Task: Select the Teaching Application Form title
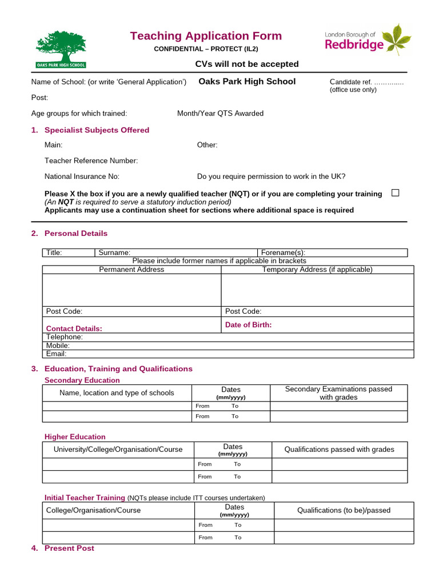click(206, 36)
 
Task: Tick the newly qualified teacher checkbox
click(395, 193)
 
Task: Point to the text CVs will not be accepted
click(247, 64)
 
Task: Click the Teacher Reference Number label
click(91, 161)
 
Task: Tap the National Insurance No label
click(82, 177)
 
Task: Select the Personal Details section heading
click(75, 233)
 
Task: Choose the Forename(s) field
click(332, 253)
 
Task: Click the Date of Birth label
click(248, 324)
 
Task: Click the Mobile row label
click(58, 346)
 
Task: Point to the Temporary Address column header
click(317, 270)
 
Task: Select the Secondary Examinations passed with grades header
click(338, 393)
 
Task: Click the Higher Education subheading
click(75, 436)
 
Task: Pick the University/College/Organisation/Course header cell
click(118, 450)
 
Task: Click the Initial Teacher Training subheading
click(85, 498)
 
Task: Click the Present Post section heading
click(69, 548)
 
